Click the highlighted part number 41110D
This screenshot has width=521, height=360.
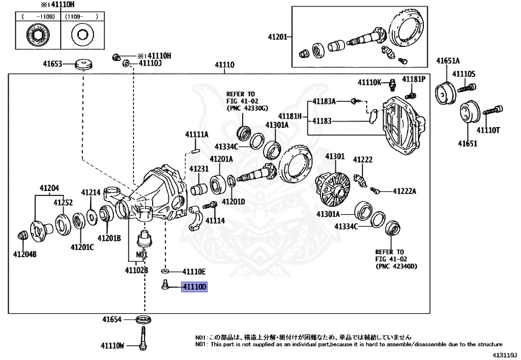195,288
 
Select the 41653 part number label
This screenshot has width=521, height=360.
52,64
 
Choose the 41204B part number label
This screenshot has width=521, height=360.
25,254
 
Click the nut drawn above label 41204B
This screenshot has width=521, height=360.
22,235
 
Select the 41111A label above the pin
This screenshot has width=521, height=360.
197,134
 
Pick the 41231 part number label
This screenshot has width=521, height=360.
199,169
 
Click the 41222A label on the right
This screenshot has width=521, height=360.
404,191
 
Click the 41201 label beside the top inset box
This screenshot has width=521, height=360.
278,37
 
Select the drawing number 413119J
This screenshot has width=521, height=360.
504,354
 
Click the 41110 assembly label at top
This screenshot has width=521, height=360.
224,65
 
